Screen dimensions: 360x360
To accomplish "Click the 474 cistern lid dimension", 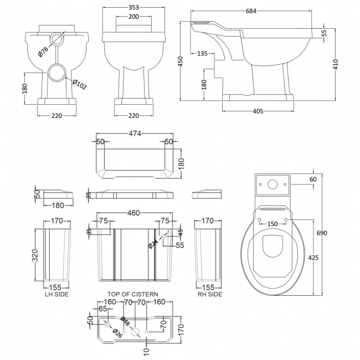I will (x=134, y=133).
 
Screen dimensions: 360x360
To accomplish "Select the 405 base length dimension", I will (x=257, y=112).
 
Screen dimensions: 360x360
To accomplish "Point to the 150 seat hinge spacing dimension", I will (x=272, y=223).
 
